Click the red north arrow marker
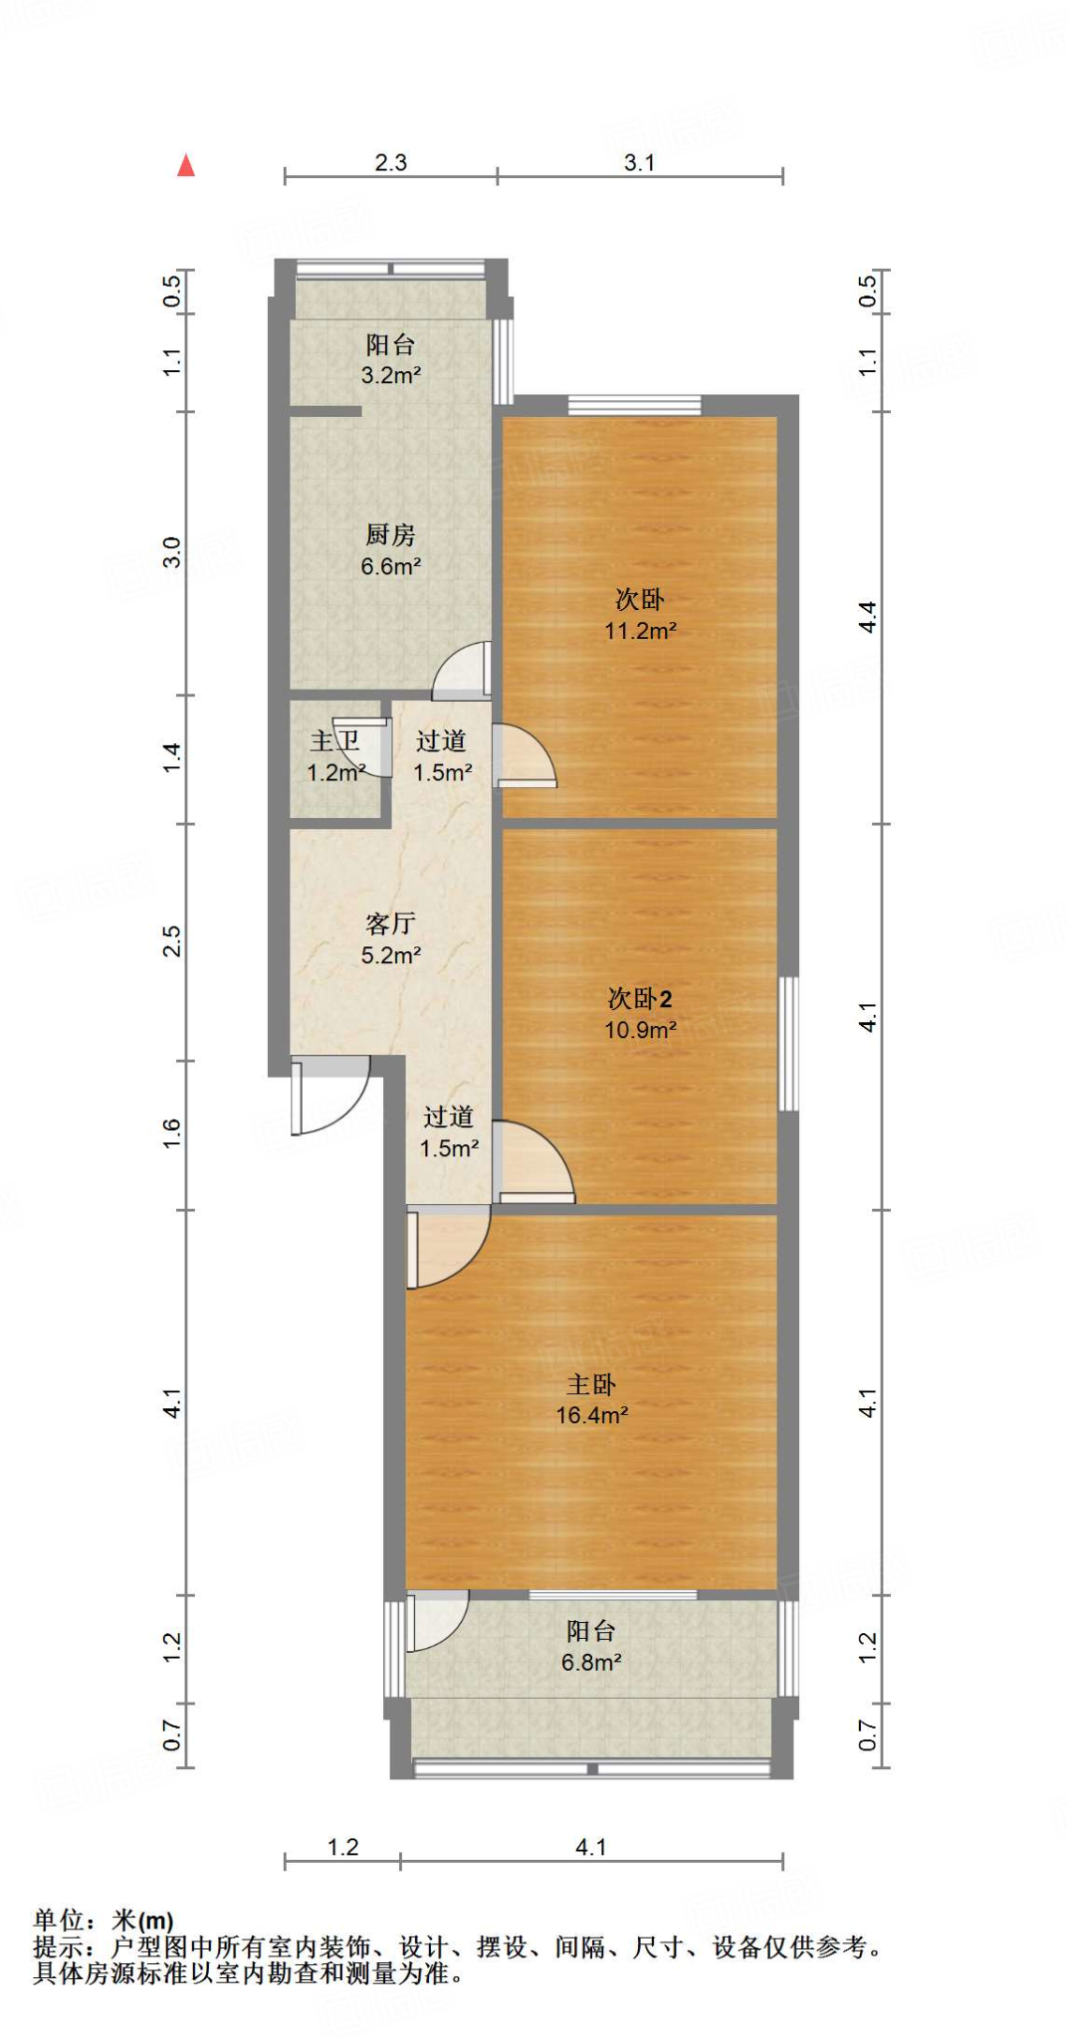coord(186,165)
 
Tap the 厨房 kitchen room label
coord(390,535)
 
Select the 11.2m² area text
coord(640,631)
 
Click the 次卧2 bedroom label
coord(640,999)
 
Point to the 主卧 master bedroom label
coord(591,1384)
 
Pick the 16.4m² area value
coord(591,1416)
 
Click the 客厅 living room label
coord(390,924)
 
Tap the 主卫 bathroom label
coord(334,741)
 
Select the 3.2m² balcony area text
coord(390,376)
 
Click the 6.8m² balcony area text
coord(591,1663)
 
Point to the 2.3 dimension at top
coord(390,163)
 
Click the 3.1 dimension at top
coord(639,163)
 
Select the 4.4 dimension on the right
coord(868,617)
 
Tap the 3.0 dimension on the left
coord(172,552)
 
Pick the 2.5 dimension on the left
coord(172,941)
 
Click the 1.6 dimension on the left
coord(172,1133)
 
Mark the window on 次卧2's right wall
coord(788,1043)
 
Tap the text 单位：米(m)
coord(104,1921)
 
